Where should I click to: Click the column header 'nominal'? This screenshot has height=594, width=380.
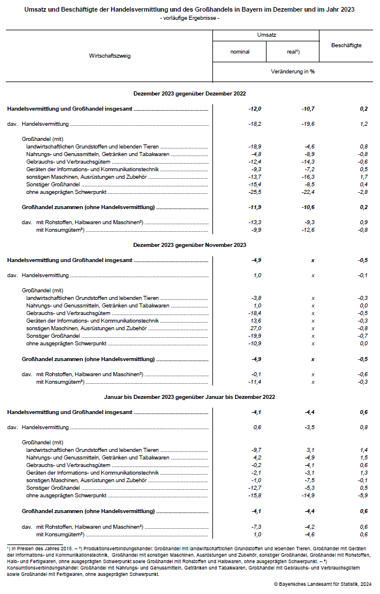(240, 51)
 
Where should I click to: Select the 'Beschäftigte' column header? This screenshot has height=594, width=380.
(346, 45)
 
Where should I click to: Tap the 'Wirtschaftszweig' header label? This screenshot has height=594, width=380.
(109, 56)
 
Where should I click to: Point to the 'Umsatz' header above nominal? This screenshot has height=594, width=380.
(266, 35)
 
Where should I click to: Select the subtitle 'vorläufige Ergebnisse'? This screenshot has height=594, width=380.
(190, 19)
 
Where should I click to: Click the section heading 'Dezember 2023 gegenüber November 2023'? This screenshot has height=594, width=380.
(190, 246)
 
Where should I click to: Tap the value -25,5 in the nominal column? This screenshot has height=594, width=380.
(254, 192)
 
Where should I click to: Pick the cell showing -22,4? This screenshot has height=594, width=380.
(307, 192)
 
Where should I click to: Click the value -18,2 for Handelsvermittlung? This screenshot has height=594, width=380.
(254, 123)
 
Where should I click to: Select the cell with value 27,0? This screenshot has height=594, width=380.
(255, 328)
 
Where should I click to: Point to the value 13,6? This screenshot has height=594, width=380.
(255, 321)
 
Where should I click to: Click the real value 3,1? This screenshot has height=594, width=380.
(310, 450)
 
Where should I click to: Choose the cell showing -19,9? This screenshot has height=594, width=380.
(254, 336)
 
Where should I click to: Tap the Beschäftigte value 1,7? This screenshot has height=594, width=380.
(364, 176)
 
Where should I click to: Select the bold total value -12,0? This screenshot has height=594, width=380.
(254, 109)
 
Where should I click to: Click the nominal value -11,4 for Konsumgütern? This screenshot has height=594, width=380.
(254, 381)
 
